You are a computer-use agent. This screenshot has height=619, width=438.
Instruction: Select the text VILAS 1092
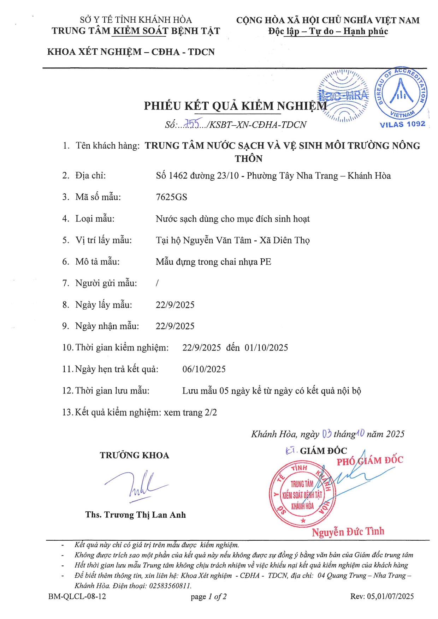(402, 124)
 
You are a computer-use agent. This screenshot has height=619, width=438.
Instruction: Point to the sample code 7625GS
(171, 197)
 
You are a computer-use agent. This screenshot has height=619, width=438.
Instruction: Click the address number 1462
(178, 176)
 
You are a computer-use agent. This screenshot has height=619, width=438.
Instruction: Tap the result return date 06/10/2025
(204, 369)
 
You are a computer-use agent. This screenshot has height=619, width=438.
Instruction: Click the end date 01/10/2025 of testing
(266, 348)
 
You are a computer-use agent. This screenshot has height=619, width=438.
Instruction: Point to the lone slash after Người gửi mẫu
(157, 283)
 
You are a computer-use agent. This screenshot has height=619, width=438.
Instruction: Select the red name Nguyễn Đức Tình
(348, 531)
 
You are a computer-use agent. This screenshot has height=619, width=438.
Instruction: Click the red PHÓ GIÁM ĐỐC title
(369, 461)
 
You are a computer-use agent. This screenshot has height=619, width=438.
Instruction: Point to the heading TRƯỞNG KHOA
(134, 455)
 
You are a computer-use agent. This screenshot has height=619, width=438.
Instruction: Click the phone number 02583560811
(170, 586)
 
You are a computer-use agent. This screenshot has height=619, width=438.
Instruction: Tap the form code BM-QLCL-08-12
(77, 596)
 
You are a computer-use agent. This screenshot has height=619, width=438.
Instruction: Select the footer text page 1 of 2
(208, 596)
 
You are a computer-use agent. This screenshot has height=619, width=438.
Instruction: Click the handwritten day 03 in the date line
(327, 434)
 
